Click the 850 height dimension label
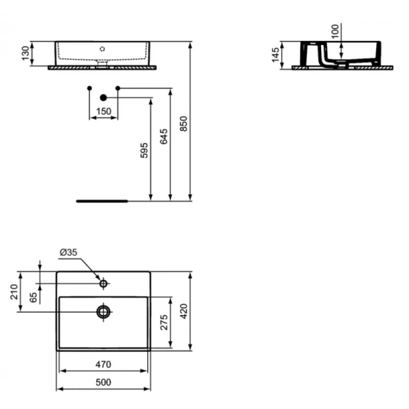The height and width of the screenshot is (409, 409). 184,124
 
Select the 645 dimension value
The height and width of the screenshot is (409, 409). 164,136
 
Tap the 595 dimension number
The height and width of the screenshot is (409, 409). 144,151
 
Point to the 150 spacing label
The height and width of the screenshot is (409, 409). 104,111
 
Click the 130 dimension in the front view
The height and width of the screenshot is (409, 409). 26,53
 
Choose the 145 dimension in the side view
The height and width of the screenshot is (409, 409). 275,55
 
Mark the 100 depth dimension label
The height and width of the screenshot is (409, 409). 335,31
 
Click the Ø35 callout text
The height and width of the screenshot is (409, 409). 68,252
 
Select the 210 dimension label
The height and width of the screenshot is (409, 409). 14,292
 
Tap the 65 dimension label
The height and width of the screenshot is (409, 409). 33,298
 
